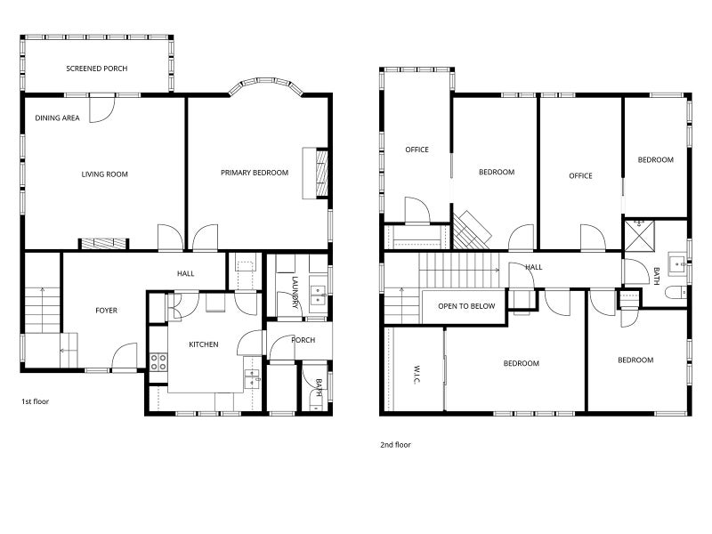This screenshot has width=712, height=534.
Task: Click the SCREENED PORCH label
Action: [97, 69]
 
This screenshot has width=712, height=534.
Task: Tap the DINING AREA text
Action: [57, 118]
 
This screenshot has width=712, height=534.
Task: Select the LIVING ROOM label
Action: [104, 174]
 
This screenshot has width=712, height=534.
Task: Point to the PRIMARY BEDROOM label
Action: [255, 173]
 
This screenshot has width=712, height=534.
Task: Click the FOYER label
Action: [106, 311]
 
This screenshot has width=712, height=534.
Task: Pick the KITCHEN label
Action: [204, 344]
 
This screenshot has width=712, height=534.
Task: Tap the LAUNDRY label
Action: [295, 293]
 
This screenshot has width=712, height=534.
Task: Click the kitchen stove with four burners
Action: [158, 362]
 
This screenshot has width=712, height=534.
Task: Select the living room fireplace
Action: [104, 244]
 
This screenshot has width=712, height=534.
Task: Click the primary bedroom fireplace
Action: [316, 173]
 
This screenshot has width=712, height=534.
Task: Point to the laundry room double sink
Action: [319, 295]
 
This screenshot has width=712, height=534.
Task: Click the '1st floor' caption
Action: [35, 401]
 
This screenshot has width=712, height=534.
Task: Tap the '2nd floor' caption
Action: [395, 445]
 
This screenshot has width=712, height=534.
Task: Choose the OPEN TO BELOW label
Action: [466, 306]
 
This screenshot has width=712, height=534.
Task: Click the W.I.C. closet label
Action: [416, 374]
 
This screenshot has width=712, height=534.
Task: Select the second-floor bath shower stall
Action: [639, 236]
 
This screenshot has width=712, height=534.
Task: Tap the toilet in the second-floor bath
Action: [676, 293]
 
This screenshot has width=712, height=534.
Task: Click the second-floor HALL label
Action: [534, 267]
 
